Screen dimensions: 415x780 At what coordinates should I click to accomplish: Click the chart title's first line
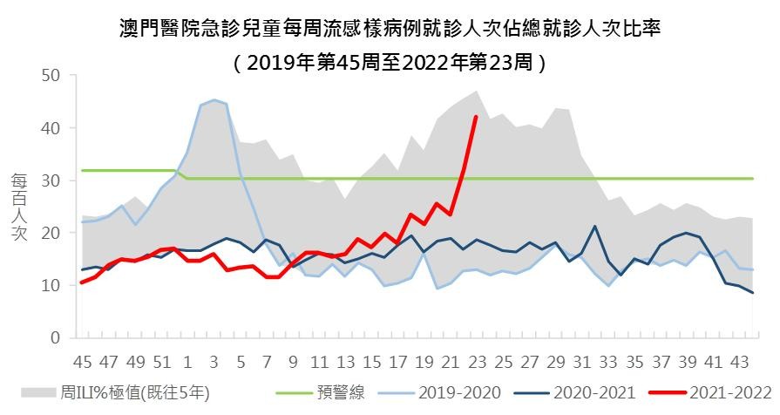390,28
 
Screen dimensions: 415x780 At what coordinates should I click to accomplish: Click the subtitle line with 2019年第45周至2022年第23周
390,63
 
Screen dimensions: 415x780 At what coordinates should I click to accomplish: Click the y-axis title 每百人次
19,207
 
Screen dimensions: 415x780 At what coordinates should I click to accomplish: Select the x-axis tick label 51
161,362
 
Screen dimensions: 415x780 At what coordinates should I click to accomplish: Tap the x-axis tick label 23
477,362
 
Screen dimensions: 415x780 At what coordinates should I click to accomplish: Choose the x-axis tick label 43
740,362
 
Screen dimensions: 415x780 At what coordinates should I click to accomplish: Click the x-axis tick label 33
608,362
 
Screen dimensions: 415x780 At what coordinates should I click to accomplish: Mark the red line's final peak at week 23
476,117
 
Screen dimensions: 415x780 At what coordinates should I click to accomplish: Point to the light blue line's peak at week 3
214,100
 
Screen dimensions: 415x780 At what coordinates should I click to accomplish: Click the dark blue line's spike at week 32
594,227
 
